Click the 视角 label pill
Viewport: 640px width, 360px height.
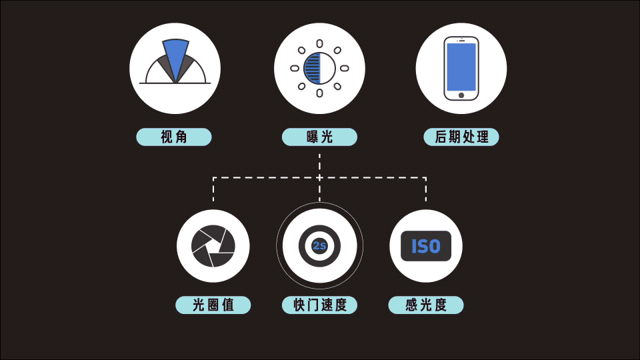[x=174, y=137]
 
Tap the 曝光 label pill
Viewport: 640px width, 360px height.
[x=319, y=137]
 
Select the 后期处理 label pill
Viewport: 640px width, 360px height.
[x=461, y=137]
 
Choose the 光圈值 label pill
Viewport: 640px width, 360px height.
[x=213, y=305]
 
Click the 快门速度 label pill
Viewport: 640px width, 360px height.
[x=319, y=305]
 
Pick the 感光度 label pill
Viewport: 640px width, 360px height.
[x=426, y=305]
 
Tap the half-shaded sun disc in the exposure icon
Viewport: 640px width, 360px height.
[x=319, y=68]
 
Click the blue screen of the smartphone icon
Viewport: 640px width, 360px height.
[x=461, y=67]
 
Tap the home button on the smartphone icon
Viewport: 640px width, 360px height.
[x=461, y=95]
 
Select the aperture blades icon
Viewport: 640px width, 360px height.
[x=213, y=246]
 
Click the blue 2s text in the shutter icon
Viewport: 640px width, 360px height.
[x=319, y=246]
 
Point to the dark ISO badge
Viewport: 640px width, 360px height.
[x=426, y=246]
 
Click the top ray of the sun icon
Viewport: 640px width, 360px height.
[x=319, y=44]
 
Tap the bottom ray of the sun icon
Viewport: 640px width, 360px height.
[x=319, y=93]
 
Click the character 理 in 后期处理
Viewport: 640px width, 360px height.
[x=482, y=137]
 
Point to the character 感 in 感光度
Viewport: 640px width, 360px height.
[x=412, y=305]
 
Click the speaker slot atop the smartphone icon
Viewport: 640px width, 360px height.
[x=461, y=41]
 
